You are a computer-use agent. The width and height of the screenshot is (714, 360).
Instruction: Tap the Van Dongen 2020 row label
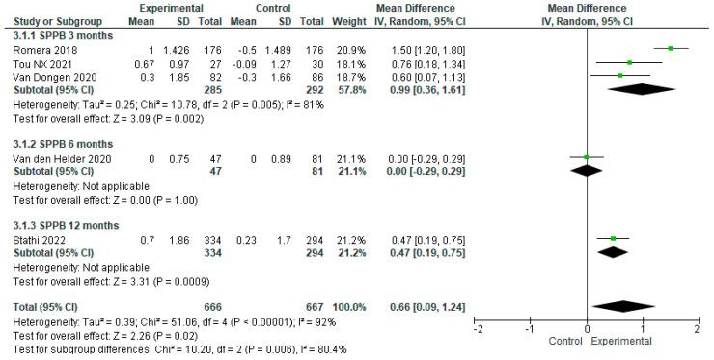coord(41,73)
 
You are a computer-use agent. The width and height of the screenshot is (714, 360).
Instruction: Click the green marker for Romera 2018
coord(670,47)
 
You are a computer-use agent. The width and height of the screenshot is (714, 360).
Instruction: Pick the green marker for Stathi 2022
coord(614,238)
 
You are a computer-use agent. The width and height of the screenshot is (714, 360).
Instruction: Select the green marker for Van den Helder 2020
coord(588,156)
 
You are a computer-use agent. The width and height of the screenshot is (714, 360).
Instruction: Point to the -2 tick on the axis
coord(478,329)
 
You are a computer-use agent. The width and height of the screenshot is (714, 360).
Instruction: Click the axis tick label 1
coord(643,329)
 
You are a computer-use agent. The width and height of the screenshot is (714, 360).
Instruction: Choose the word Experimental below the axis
coord(618,342)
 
